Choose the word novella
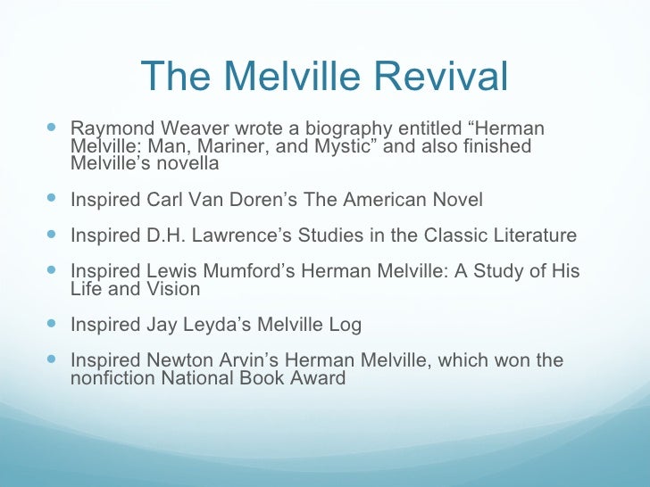click(189, 163)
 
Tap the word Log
click(344, 325)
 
